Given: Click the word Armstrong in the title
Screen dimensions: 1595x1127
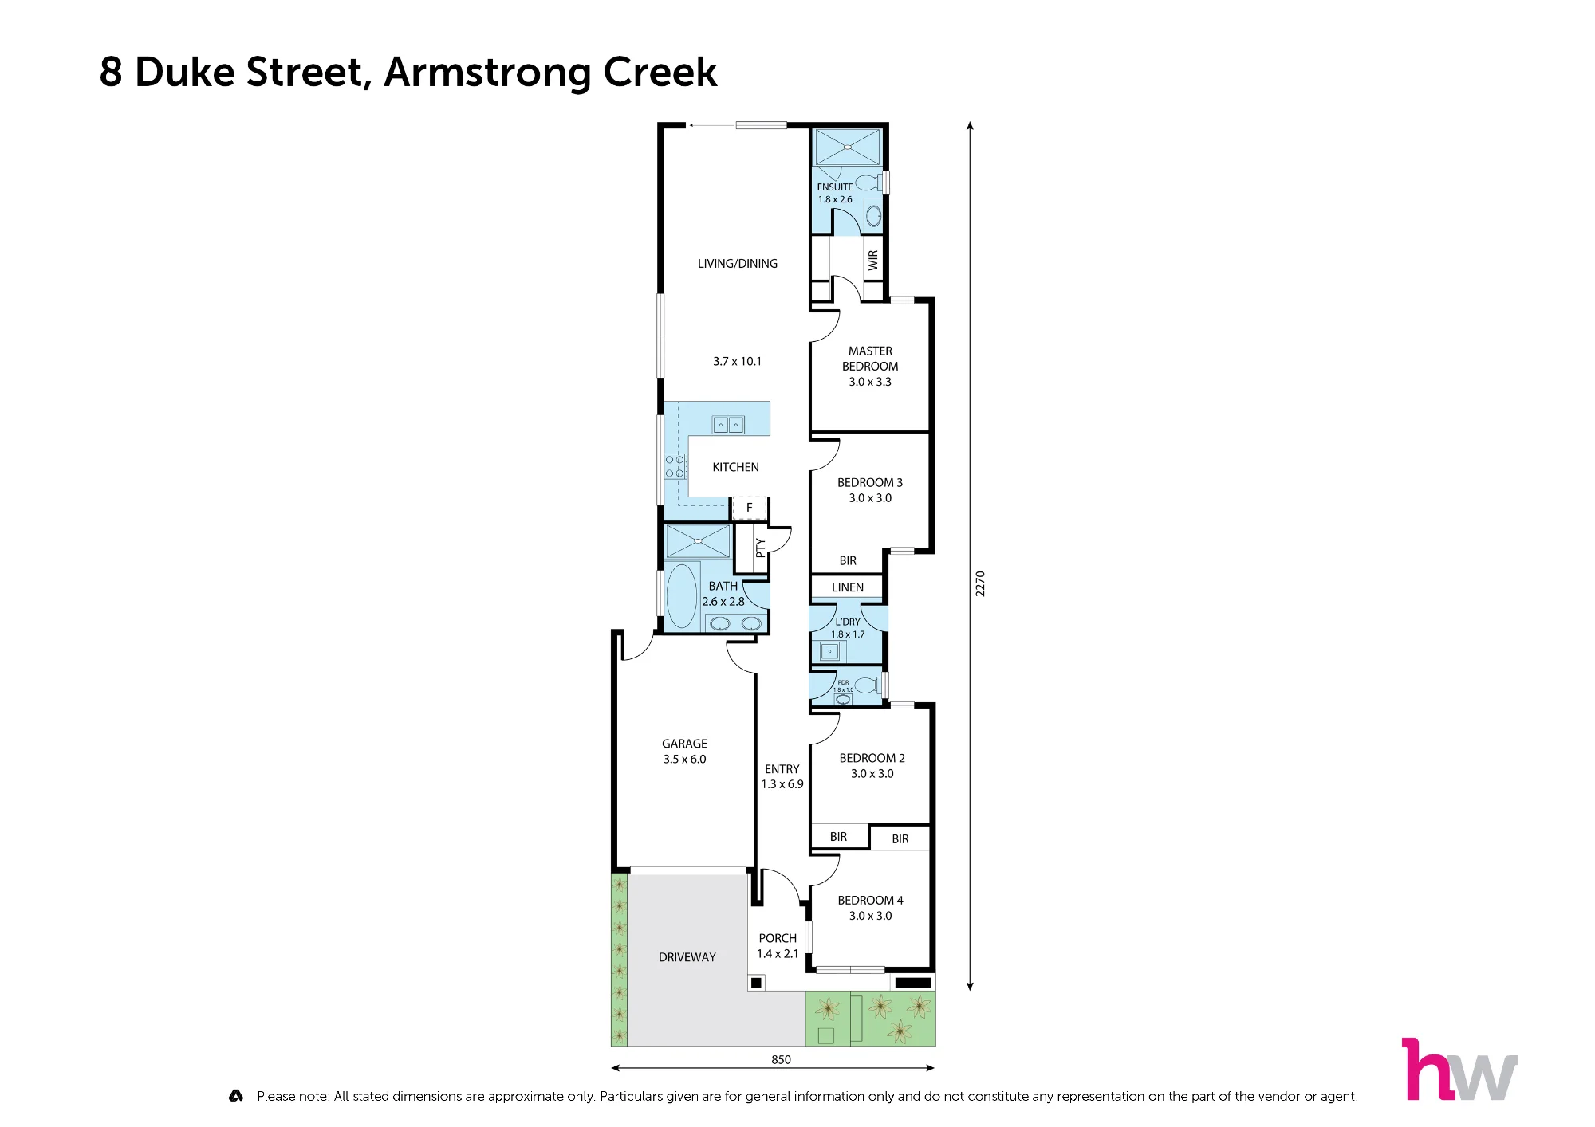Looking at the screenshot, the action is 488,73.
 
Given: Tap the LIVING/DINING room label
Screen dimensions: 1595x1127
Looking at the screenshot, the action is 738,264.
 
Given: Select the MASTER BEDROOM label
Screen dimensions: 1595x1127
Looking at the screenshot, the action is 870,359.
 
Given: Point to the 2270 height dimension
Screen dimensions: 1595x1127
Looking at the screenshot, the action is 980,583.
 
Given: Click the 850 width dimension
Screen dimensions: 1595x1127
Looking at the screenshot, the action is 781,1059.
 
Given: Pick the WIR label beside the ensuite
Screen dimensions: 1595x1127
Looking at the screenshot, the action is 873,260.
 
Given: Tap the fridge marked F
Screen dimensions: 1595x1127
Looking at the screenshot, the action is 749,508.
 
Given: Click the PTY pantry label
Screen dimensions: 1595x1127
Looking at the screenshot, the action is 760,548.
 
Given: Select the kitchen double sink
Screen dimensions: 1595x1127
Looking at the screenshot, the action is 728,425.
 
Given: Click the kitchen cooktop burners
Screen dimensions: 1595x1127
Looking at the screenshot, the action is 675,466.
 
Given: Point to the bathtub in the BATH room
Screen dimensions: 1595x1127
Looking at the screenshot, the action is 682,596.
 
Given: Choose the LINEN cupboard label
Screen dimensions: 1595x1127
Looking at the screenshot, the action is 848,587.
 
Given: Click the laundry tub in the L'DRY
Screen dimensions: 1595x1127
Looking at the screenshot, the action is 829,652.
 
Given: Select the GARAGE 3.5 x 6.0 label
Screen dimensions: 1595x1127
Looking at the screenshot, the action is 684,752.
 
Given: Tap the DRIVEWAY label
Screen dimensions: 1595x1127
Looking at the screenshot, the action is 687,957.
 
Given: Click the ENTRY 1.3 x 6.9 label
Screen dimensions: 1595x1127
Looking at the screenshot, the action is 782,777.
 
